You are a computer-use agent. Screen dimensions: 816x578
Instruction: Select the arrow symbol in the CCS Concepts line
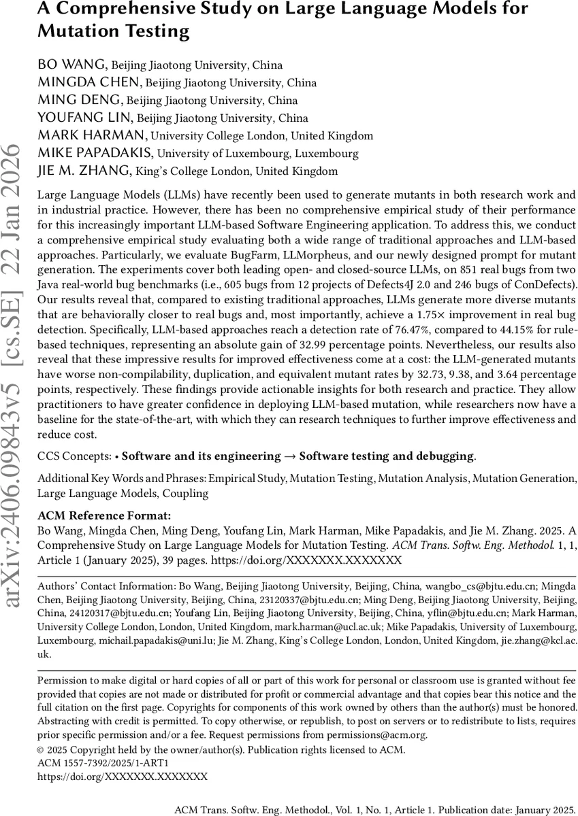[x=290, y=456]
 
